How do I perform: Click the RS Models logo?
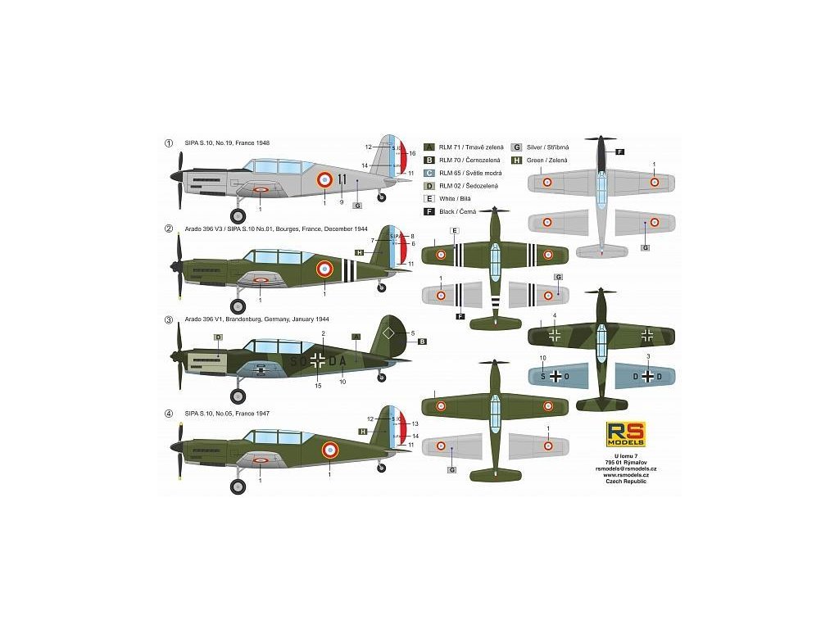626,433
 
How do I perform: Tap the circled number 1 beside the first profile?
169,143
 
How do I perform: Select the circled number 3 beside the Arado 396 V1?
169,319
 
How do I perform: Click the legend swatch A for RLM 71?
428,146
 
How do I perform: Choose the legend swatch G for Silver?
516,146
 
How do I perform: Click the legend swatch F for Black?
428,211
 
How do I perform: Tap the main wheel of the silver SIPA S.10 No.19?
238,215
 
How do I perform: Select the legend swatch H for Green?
516,159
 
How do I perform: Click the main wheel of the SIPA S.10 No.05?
238,486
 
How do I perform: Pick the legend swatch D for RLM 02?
428,185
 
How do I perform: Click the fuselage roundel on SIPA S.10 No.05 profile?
329,448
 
